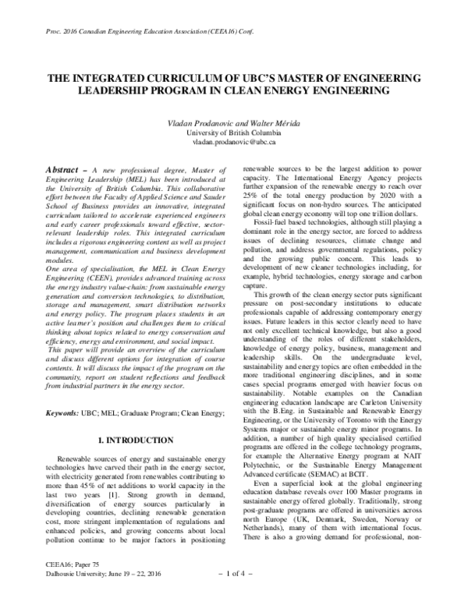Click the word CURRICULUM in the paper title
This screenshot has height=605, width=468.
click(x=168, y=79)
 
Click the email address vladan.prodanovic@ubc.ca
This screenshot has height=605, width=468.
click(x=233, y=143)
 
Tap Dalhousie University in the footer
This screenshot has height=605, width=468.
click(x=69, y=591)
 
